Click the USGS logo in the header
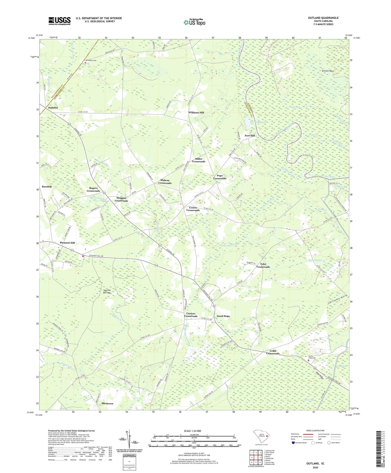pos(59,21)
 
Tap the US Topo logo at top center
pos(194,22)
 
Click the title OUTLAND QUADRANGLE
pos(323,18)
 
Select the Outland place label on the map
pos(52,107)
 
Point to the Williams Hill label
pos(196,112)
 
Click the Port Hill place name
pos(249,136)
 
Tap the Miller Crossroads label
pos(198,160)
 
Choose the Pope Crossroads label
pos(219,177)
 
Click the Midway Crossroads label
pos(165,182)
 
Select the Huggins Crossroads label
pos(121,199)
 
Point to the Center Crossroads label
pos(193,209)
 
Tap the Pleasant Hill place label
pos(67,243)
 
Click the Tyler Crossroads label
pos(263,266)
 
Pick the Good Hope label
pos(223,316)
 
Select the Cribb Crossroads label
pos(273,352)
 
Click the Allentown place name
pos(107,403)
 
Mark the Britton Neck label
pos(328,71)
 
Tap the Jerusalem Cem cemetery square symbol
pos(85,63)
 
